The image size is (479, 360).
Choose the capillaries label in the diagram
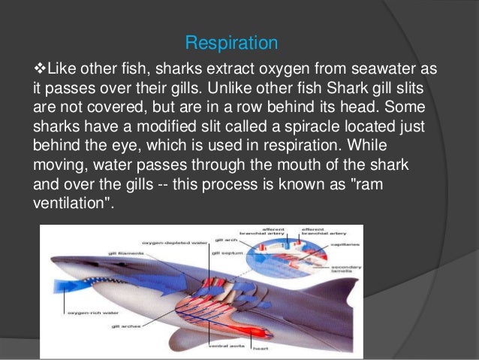point(342,244)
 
